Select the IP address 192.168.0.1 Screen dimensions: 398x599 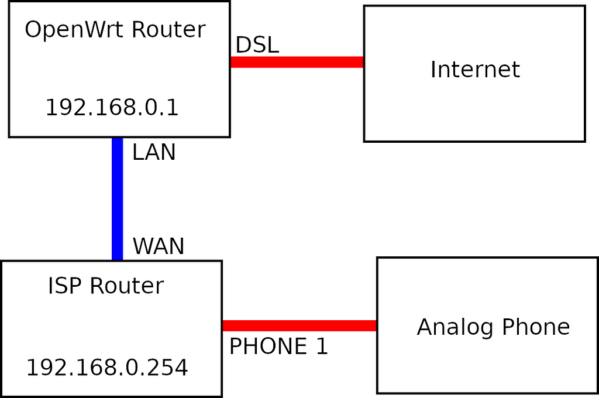112,108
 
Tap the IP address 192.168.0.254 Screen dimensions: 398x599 107,368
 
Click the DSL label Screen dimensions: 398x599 257,45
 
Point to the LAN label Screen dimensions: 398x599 154,152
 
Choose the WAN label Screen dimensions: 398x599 159,246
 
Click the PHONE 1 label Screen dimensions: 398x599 278,347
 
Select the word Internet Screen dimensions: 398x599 475,70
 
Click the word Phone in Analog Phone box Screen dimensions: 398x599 536,327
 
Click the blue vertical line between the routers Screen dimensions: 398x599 118,199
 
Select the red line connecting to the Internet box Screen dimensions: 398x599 297,62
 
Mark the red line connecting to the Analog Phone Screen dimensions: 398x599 299,326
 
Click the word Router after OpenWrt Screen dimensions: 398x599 170,30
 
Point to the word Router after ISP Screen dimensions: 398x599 127,286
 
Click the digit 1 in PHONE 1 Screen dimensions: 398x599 322,347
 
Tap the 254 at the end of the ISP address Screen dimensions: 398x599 168,368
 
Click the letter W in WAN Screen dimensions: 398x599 143,246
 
